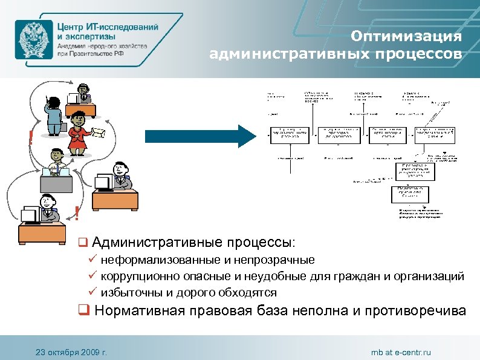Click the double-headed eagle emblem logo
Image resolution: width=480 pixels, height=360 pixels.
(33, 39)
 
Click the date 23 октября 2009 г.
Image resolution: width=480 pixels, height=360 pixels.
(71, 352)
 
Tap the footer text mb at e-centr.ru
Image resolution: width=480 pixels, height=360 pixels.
(401, 352)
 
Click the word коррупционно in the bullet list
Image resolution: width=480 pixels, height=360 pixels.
(137, 277)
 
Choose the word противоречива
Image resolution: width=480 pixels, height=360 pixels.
(414, 312)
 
